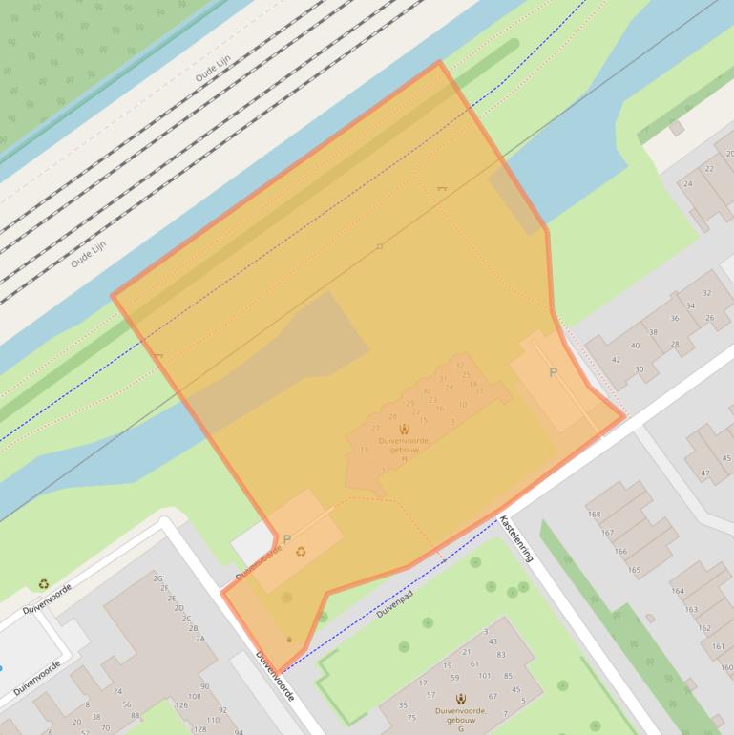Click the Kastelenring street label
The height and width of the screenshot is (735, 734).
[517, 538]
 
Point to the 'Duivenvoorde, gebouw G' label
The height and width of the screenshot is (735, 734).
[460, 717]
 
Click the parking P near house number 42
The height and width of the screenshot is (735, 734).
[553, 373]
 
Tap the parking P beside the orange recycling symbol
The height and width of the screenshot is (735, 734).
[286, 540]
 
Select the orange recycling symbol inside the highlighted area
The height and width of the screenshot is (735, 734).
[302, 551]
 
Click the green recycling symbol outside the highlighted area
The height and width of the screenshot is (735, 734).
[44, 584]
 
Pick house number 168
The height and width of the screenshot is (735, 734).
[595, 514]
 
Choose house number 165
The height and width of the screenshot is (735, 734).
[634, 570]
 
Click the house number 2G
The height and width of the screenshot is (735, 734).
[158, 578]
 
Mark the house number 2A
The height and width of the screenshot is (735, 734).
[200, 639]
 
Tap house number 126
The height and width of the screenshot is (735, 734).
[180, 705]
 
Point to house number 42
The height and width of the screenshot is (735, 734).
[616, 360]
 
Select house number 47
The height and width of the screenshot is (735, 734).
[704, 472]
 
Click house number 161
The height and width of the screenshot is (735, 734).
[719, 646]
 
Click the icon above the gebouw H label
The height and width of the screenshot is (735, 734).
[405, 429]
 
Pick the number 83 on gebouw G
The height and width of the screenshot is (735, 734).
[502, 654]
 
